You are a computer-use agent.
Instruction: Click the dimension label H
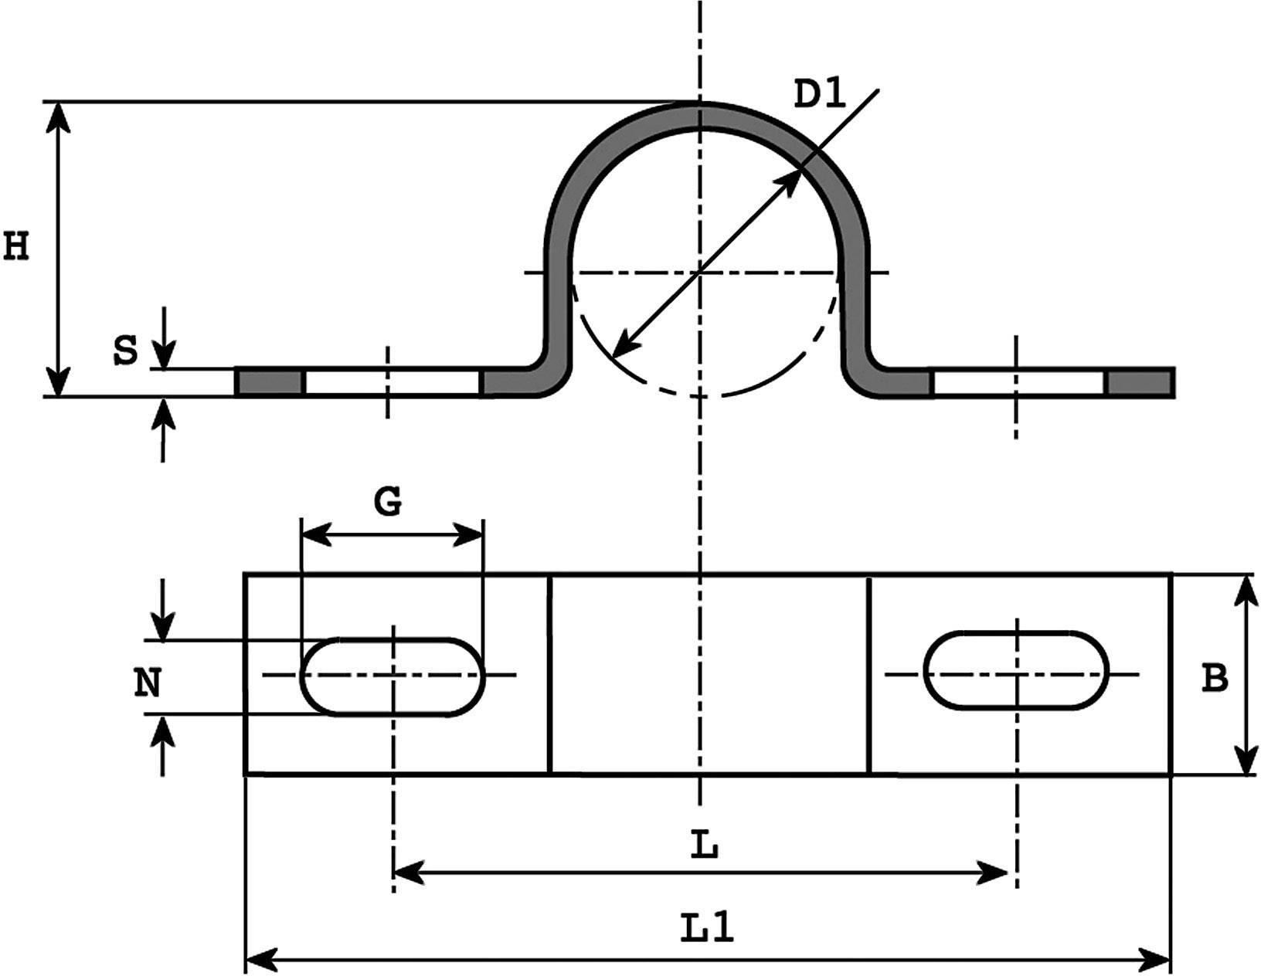coord(15,247)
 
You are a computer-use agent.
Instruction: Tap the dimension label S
coord(125,351)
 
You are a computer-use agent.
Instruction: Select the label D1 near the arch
coord(821,95)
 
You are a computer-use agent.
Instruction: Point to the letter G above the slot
coord(388,502)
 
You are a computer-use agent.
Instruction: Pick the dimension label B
coord(1215,678)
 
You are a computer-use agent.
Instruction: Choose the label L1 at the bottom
coord(707,928)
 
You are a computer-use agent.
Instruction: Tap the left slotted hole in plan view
coord(392,677)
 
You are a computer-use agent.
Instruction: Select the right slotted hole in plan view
coord(1017,669)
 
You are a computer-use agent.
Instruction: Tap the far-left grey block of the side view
coord(270,383)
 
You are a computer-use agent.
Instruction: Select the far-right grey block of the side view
coord(1140,383)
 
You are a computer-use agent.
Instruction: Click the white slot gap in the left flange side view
coord(392,383)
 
